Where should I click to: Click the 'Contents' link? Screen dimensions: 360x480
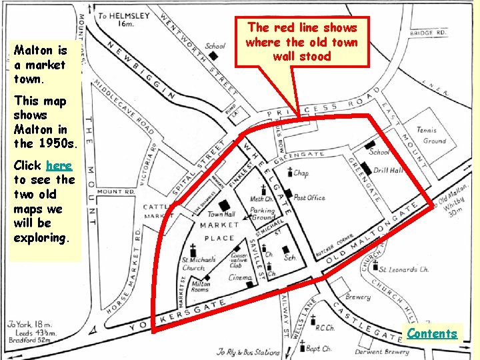(x=432, y=333)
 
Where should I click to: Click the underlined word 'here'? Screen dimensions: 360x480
(x=59, y=165)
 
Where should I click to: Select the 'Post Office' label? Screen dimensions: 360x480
(x=309, y=198)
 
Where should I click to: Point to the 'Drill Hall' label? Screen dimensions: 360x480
(x=388, y=171)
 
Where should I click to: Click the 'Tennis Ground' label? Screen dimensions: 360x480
(x=430, y=135)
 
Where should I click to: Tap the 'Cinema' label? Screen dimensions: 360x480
(x=239, y=277)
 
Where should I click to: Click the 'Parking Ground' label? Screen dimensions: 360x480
(x=262, y=214)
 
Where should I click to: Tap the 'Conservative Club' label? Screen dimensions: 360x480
(x=239, y=260)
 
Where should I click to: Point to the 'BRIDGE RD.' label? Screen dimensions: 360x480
(x=429, y=33)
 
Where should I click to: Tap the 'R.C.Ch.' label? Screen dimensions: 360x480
(x=325, y=328)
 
